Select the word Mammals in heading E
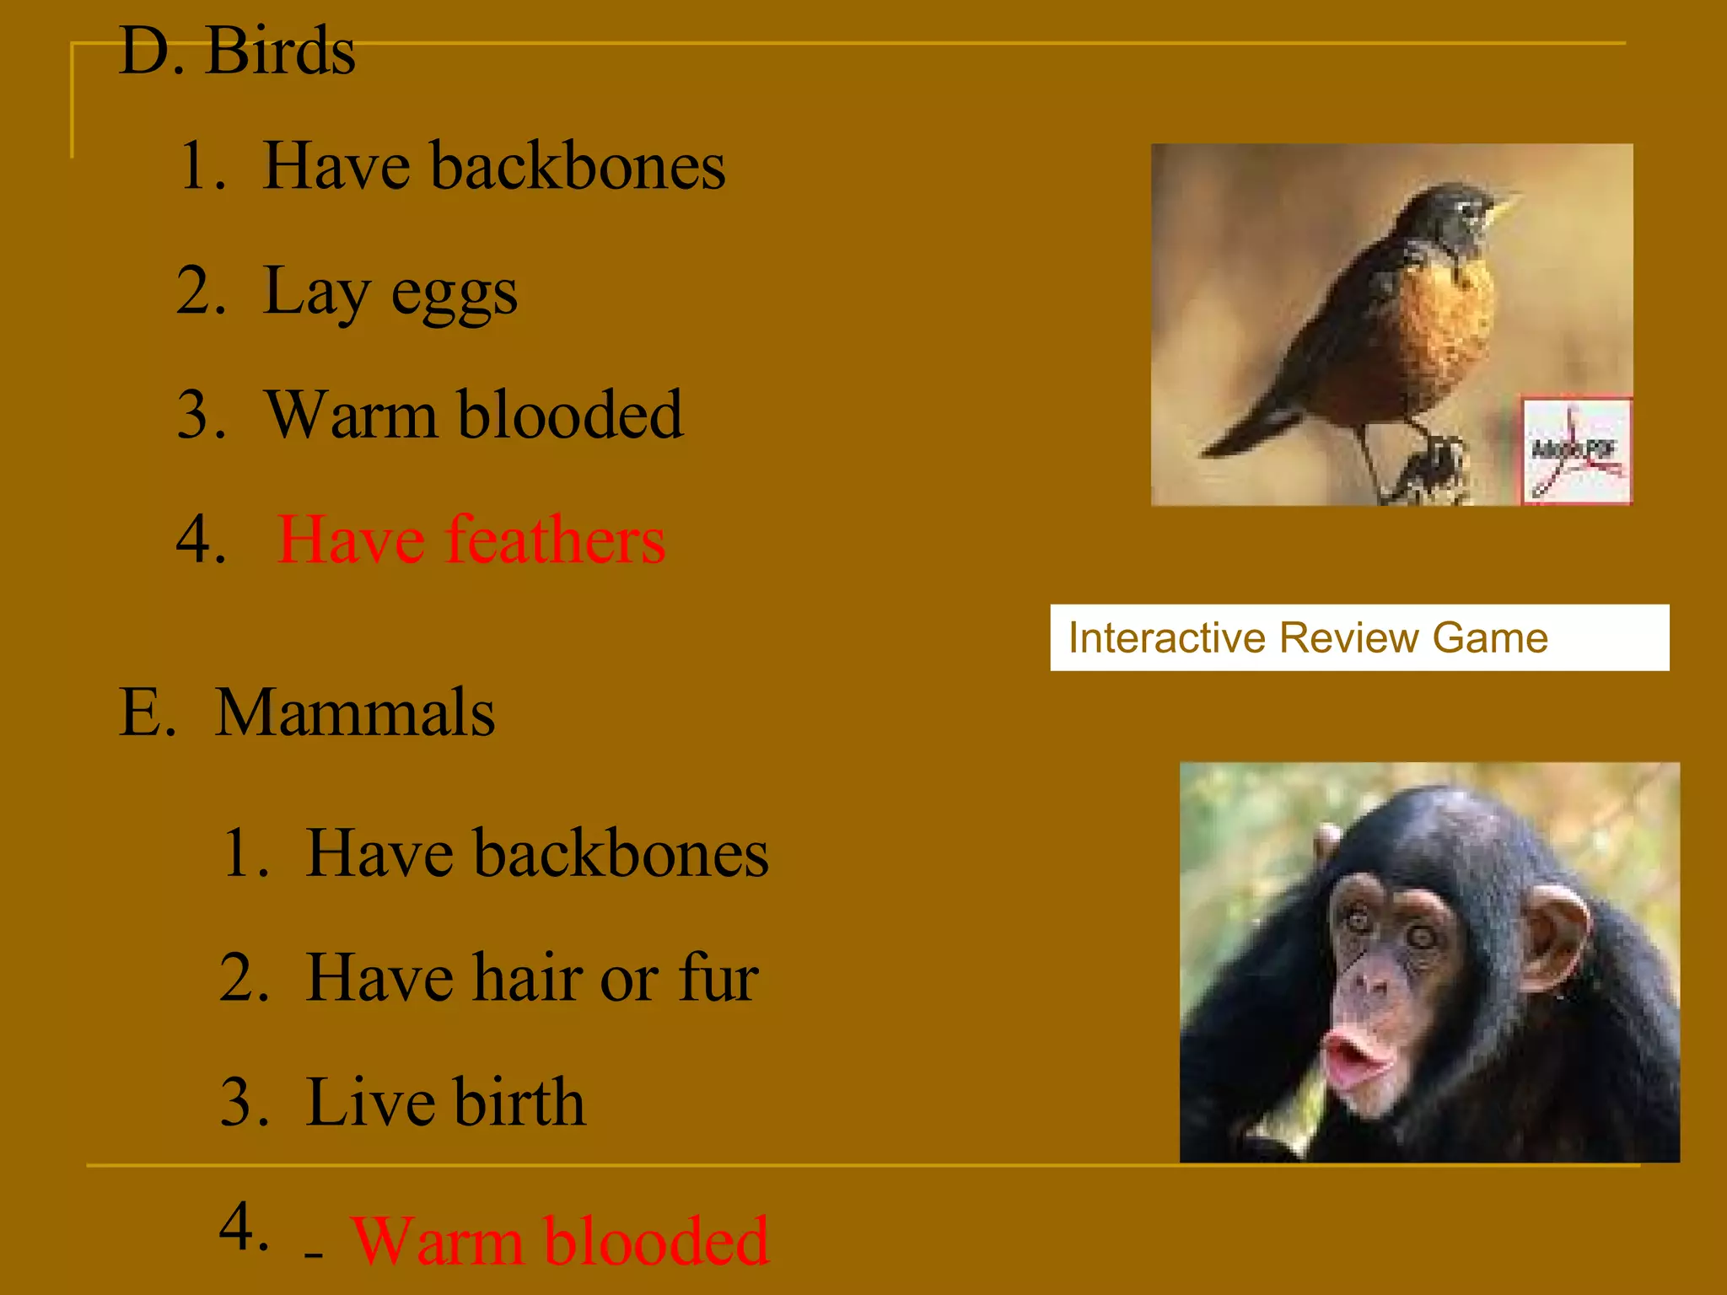click(x=354, y=713)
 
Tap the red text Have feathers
click(x=471, y=540)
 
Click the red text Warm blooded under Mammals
click(x=559, y=1241)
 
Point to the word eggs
click(x=454, y=295)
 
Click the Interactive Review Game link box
click(x=1358, y=637)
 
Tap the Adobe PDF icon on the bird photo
click(x=1575, y=451)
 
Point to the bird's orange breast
click(x=1434, y=329)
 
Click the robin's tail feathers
click(x=1248, y=430)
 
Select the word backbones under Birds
click(x=578, y=166)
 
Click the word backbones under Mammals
click(x=621, y=854)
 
